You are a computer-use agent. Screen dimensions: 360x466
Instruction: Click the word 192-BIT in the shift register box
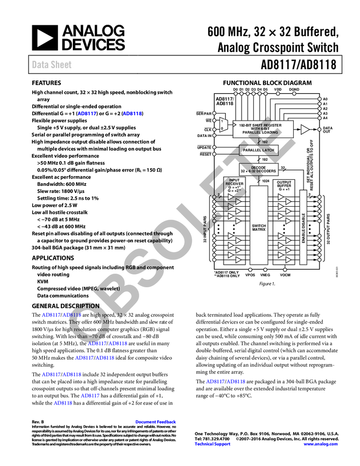[246, 125]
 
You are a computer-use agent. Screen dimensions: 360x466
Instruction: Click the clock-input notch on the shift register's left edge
[235, 126]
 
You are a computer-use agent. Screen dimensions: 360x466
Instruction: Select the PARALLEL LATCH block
[259, 150]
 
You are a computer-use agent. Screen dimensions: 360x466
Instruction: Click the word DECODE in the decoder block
[259, 167]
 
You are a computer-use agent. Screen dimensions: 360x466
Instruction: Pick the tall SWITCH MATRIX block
[259, 225]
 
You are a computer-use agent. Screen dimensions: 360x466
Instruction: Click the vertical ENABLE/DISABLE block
[303, 228]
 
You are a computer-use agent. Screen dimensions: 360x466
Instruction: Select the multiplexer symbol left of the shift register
[222, 124]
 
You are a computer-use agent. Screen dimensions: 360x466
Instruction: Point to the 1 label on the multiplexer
[221, 121]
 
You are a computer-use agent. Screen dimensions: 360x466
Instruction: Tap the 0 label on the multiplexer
[221, 128]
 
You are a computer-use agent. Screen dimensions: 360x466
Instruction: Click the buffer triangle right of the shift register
[305, 129]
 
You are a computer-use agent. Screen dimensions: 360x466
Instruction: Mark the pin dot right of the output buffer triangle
[319, 129]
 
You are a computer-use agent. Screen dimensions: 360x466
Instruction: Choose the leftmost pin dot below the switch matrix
[250, 270]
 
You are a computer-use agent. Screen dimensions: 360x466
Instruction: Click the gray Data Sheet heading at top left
[52, 65]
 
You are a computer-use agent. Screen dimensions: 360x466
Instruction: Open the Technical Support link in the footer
[213, 444]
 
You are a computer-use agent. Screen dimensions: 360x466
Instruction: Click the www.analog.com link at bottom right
[321, 444]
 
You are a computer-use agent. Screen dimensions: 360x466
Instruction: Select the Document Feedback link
[156, 422]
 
